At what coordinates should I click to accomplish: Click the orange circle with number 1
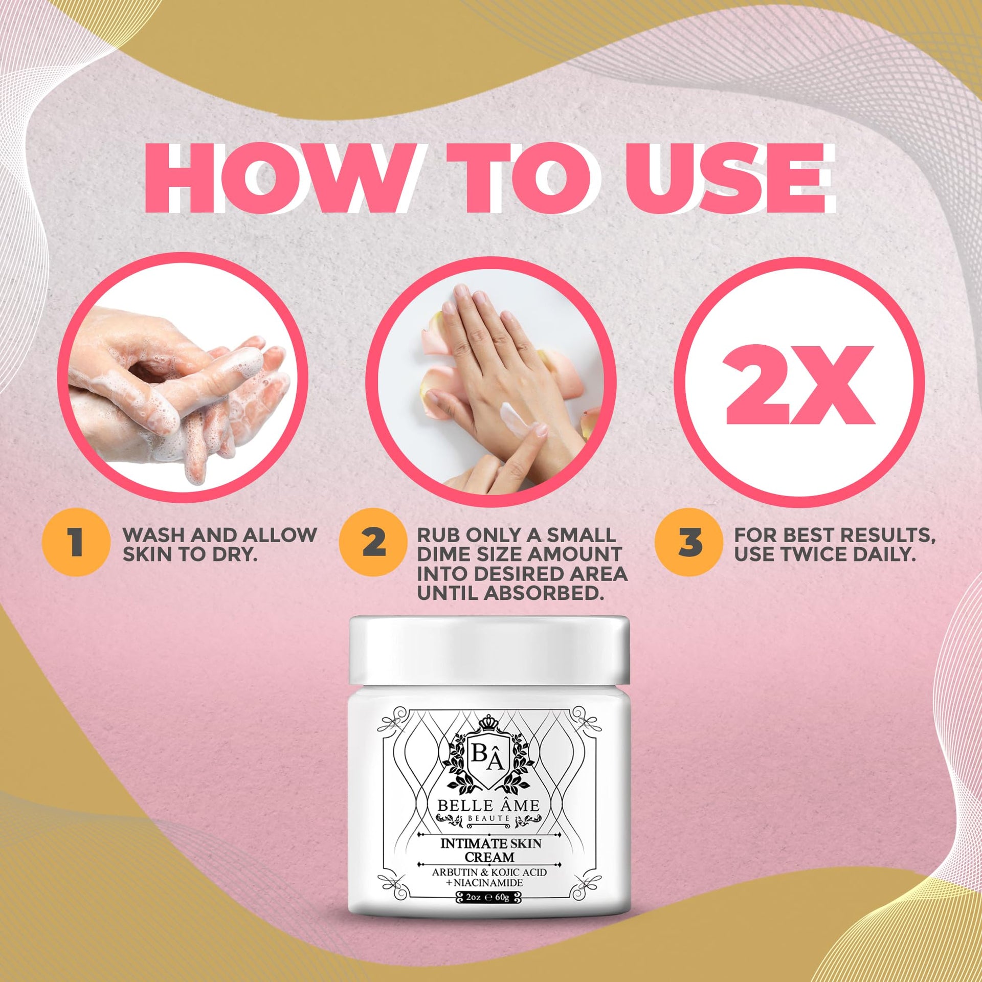click(76, 543)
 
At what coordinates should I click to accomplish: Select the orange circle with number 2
click(373, 543)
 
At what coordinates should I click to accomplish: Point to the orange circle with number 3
click(689, 543)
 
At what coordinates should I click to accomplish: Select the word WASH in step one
click(154, 535)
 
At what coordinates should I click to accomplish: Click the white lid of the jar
click(489, 650)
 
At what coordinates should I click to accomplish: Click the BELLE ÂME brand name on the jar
click(488, 806)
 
